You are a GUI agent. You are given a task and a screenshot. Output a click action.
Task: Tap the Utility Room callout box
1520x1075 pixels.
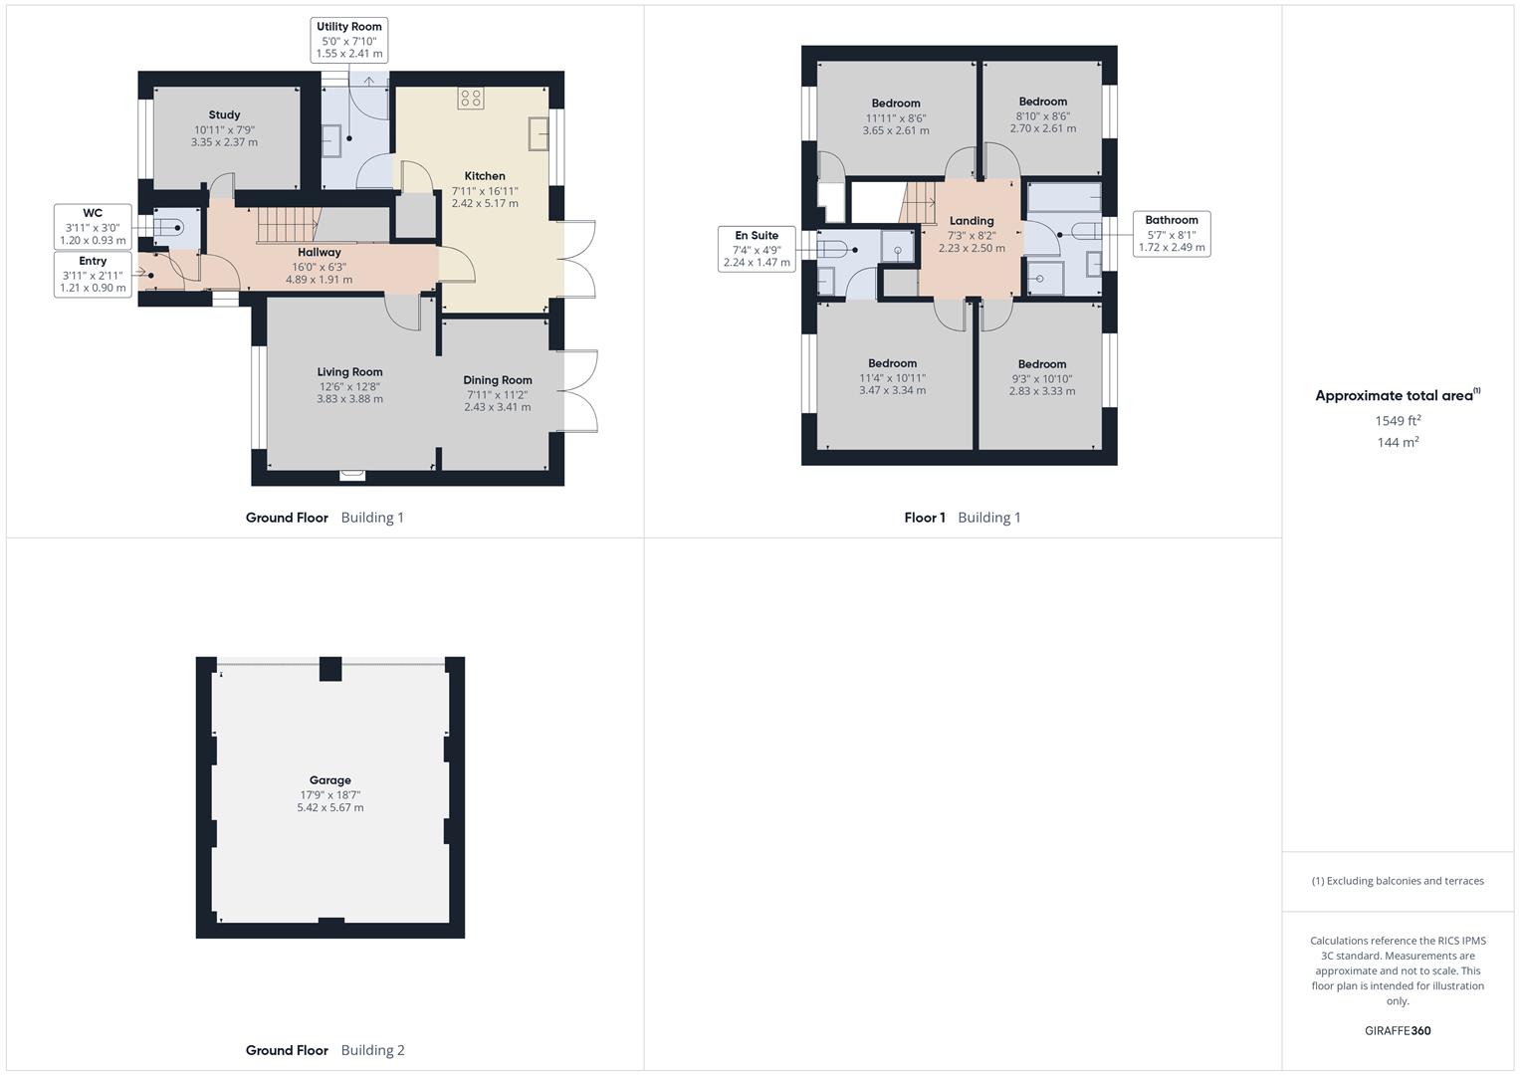pyautogui.click(x=348, y=40)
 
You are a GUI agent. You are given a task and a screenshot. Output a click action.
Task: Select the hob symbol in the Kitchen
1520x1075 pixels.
pyautogui.click(x=471, y=98)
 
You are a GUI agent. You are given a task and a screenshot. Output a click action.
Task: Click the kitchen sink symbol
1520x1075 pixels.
pyautogui.click(x=539, y=133)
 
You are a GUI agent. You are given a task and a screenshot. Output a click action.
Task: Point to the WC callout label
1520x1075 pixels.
pyautogui.click(x=93, y=227)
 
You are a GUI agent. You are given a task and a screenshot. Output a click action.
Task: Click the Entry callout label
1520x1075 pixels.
pyautogui.click(x=93, y=275)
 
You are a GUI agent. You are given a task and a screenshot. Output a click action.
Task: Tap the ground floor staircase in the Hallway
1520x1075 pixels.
pyautogui.click(x=288, y=225)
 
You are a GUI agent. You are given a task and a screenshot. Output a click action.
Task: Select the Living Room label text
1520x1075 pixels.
pyautogui.click(x=349, y=372)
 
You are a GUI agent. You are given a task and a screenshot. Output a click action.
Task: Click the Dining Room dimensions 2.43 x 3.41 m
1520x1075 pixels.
pyautogui.click(x=497, y=407)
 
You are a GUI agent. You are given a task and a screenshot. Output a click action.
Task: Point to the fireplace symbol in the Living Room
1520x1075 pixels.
pyautogui.click(x=352, y=476)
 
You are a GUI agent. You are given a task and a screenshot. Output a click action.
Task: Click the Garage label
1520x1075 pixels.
pyautogui.click(x=329, y=780)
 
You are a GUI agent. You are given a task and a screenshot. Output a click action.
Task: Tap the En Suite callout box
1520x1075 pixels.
pyautogui.click(x=757, y=249)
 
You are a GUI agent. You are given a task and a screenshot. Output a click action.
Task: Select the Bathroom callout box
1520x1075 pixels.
pyautogui.click(x=1171, y=234)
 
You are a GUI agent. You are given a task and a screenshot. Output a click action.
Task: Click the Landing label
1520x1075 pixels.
pyautogui.click(x=971, y=221)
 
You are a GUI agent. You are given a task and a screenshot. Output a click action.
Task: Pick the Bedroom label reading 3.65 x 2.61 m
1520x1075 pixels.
pyautogui.click(x=895, y=116)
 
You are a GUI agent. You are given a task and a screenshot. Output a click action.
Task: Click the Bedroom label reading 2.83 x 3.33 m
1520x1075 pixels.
pyautogui.click(x=1041, y=378)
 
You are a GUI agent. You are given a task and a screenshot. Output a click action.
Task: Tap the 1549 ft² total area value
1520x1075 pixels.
pyautogui.click(x=1397, y=421)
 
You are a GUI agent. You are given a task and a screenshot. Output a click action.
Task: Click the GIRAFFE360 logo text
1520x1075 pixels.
pyautogui.click(x=1397, y=1031)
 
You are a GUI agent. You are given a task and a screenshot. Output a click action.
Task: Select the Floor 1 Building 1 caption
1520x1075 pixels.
pyautogui.click(x=962, y=518)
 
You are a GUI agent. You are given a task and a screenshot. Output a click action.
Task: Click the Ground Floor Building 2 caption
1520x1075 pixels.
pyautogui.click(x=325, y=1050)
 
